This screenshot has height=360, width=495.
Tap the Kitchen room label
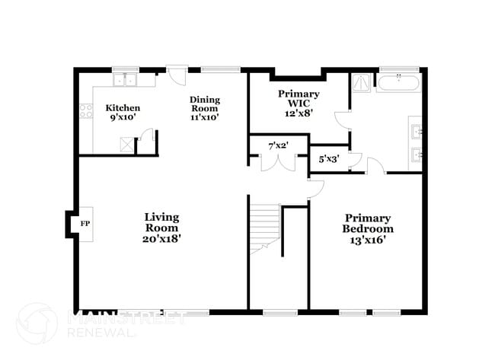point(123,107)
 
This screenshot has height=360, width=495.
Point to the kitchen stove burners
point(88,113)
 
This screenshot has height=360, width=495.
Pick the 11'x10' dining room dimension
point(205,118)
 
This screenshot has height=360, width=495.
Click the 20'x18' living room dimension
point(161,238)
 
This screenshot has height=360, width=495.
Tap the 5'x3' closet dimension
point(329,159)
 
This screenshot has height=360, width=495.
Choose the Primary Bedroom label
point(367,223)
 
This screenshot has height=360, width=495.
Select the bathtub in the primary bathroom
point(398,82)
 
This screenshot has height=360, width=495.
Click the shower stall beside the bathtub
point(362,82)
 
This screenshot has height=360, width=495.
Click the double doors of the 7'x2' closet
point(276,162)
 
